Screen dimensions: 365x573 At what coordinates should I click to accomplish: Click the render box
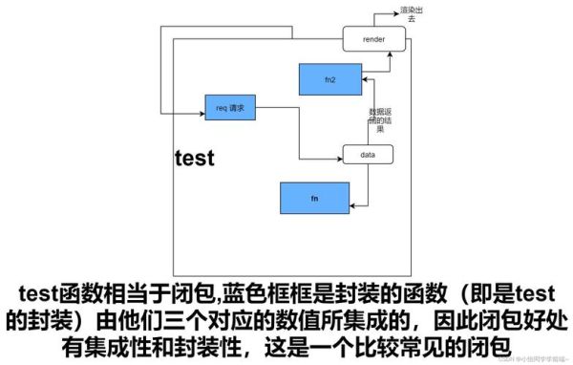pyautogui.click(x=374, y=40)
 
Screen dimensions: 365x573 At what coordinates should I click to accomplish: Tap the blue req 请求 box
pyautogui.click(x=231, y=108)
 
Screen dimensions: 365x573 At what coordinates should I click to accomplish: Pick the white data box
pyautogui.click(x=368, y=153)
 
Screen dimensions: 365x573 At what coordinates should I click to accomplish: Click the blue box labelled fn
pyautogui.click(x=314, y=198)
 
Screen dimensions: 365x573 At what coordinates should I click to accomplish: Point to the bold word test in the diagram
pyautogui.click(x=195, y=158)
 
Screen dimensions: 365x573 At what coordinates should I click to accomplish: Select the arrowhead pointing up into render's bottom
pyautogui.click(x=389, y=55)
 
